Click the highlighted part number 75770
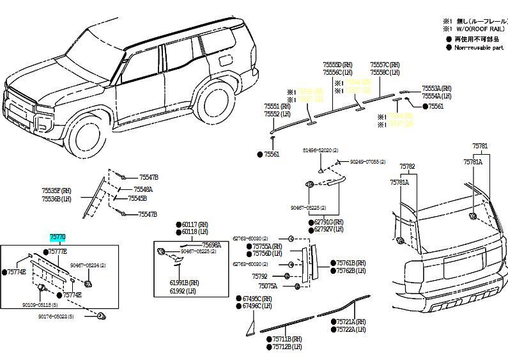coord(58,237)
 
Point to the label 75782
coord(407,167)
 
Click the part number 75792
coord(259,276)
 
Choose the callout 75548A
coord(143,190)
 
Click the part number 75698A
coord(212,245)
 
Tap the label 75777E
coord(58,251)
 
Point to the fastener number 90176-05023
coord(56,317)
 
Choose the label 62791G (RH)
coord(329,222)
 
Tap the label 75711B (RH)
coord(287,339)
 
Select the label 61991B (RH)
coord(185,282)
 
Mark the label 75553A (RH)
coord(436,88)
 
